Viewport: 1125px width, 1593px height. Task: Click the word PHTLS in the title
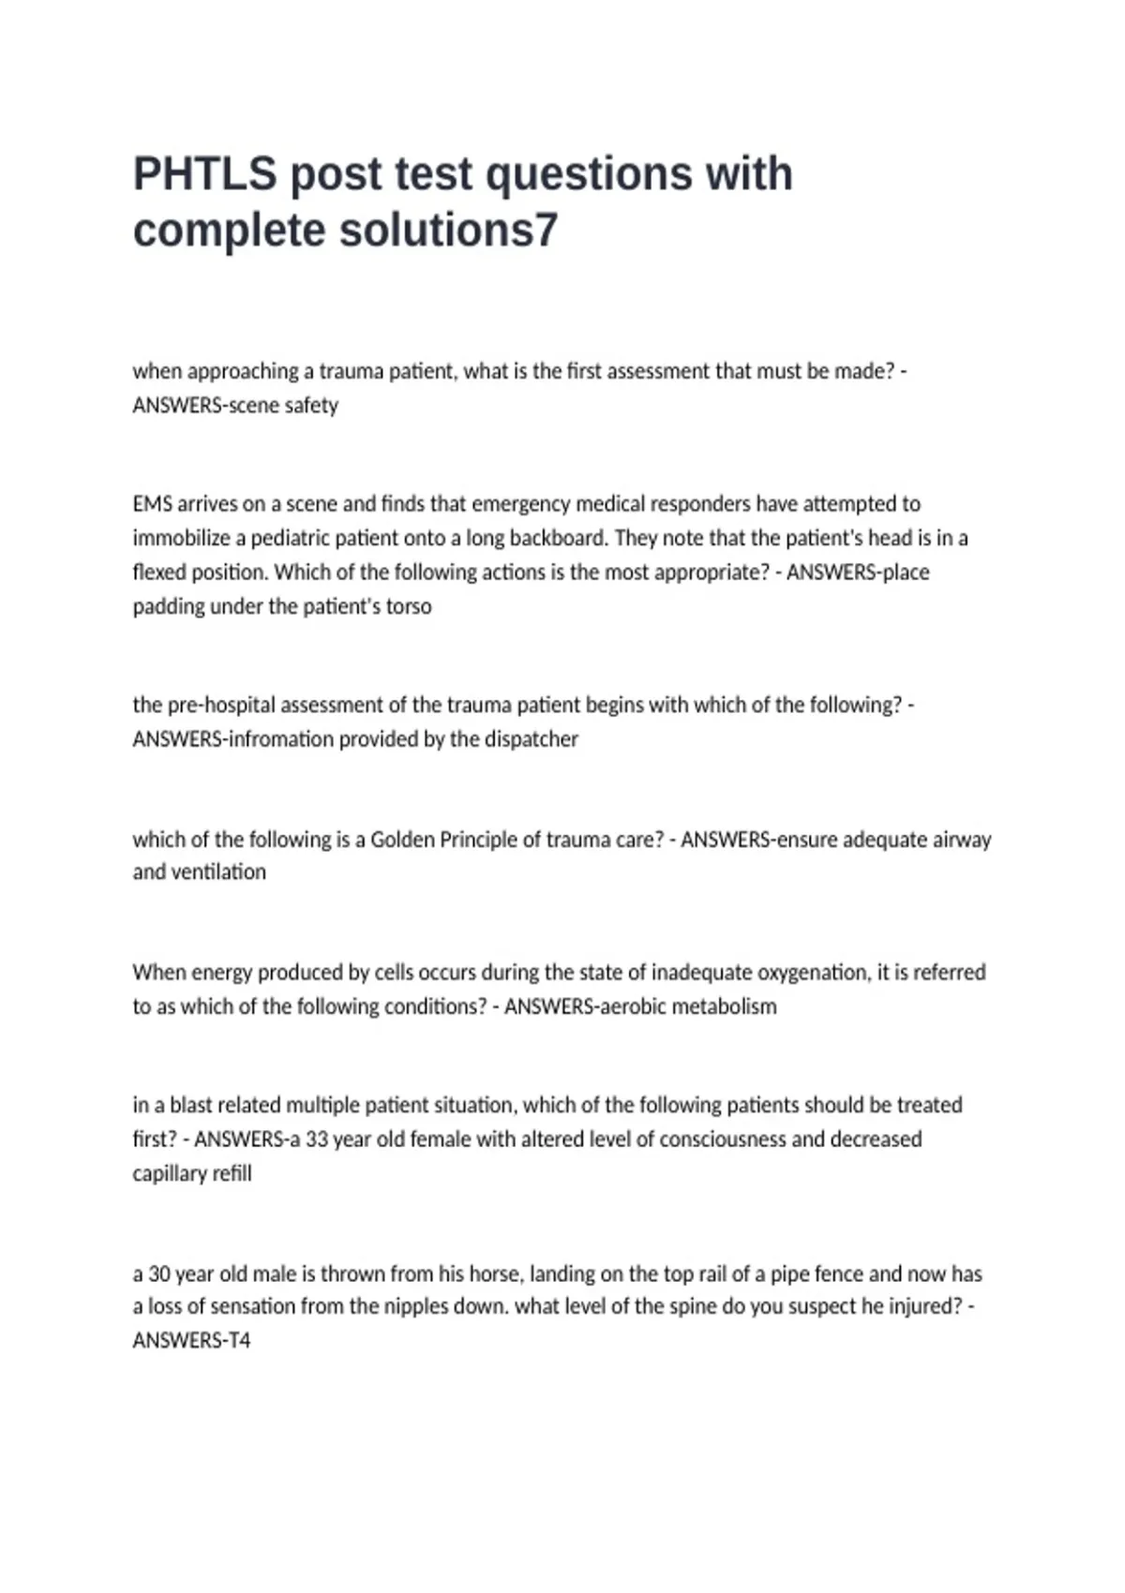(x=204, y=174)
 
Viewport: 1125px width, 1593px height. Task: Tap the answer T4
(x=239, y=1341)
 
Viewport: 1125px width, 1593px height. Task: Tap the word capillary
(x=169, y=1173)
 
